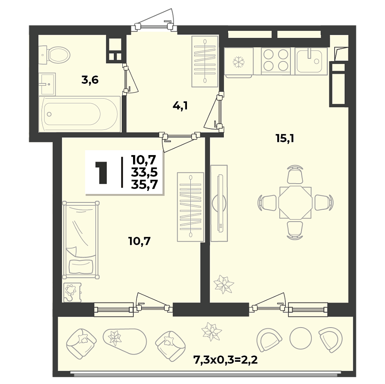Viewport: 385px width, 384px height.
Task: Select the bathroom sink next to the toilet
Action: [47, 81]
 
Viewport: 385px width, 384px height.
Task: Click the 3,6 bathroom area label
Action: [90, 79]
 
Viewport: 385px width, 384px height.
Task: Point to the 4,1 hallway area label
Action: [180, 106]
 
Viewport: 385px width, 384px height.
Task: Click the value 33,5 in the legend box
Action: [144, 172]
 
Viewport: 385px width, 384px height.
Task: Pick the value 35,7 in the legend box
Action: [144, 184]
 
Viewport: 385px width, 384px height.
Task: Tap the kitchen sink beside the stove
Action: [311, 60]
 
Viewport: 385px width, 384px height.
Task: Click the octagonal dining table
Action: [295, 202]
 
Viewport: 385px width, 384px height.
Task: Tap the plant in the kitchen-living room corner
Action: [223, 284]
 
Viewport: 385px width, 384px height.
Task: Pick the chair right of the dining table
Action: [323, 202]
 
